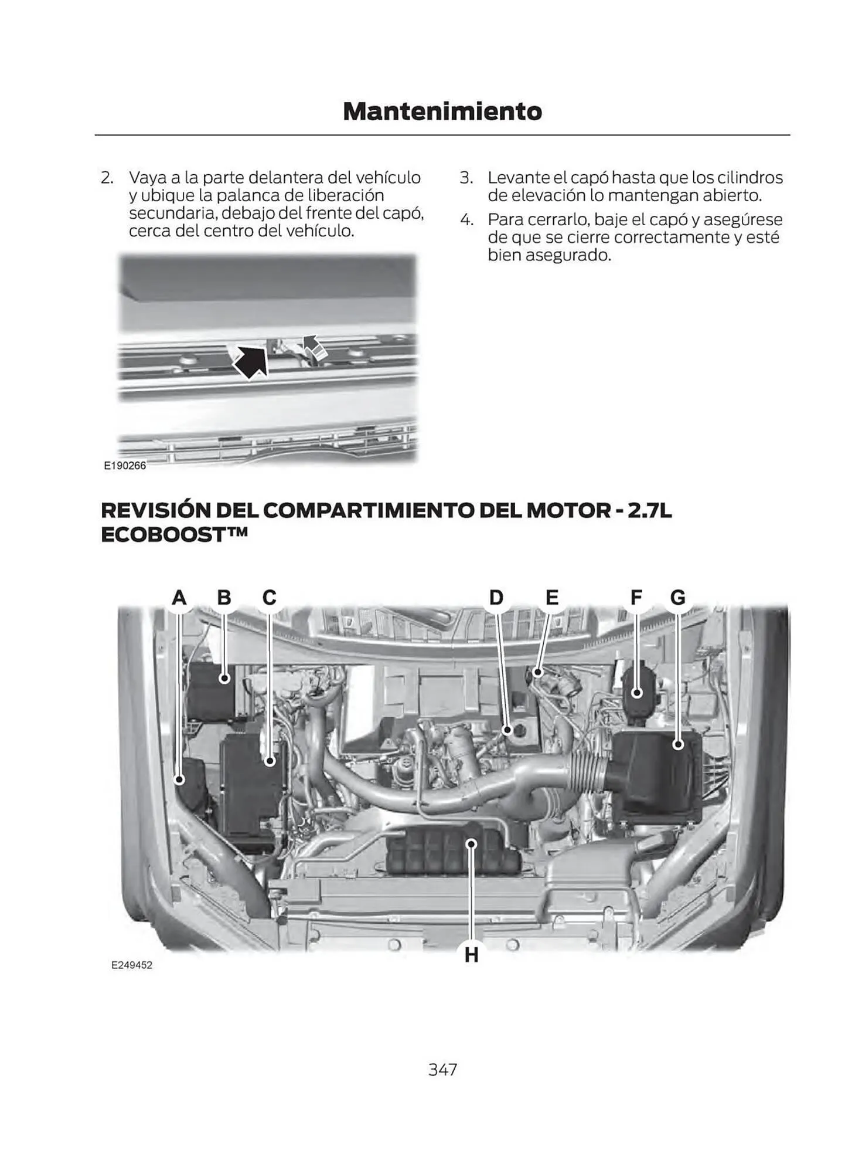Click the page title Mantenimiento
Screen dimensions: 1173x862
[442, 111]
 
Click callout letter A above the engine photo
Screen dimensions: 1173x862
[179, 598]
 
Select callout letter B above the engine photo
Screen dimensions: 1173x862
[224, 598]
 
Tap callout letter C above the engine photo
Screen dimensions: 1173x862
[269, 598]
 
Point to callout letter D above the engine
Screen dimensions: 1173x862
[496, 598]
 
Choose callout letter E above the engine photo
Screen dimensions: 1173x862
[552, 598]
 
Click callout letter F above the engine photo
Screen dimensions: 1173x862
[636, 598]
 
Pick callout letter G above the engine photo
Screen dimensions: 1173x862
[677, 598]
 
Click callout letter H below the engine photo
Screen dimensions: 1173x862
[471, 955]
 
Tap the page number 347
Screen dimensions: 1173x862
[442, 1069]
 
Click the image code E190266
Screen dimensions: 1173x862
[125, 466]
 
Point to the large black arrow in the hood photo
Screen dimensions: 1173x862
[250, 361]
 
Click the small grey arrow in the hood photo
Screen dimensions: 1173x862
[315, 348]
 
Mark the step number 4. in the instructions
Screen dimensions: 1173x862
[466, 220]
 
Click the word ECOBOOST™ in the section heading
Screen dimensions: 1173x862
[174, 535]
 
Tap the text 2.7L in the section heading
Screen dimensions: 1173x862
[649, 510]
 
